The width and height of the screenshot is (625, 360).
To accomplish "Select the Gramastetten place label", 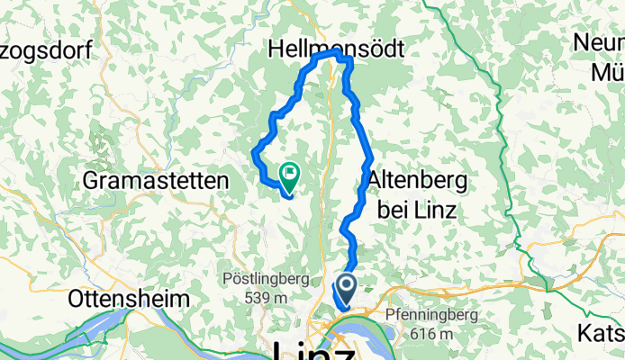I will click(x=157, y=181).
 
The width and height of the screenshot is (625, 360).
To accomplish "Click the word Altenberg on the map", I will click(x=418, y=180).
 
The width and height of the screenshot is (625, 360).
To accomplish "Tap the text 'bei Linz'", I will click(x=417, y=210).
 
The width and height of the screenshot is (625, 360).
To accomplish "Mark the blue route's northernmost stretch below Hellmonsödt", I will click(x=330, y=55).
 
